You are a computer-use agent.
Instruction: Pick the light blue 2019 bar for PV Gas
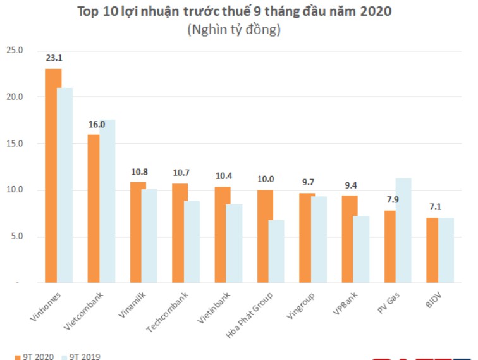(x=403, y=230)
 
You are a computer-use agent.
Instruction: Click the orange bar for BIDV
(x=432, y=250)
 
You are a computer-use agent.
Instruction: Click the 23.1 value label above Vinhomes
(x=53, y=58)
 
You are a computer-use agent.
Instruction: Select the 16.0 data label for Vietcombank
(x=96, y=125)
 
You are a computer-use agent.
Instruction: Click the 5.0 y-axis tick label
(x=16, y=237)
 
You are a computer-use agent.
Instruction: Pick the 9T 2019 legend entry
(x=80, y=356)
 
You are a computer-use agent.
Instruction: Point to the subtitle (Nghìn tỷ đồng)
(x=234, y=29)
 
